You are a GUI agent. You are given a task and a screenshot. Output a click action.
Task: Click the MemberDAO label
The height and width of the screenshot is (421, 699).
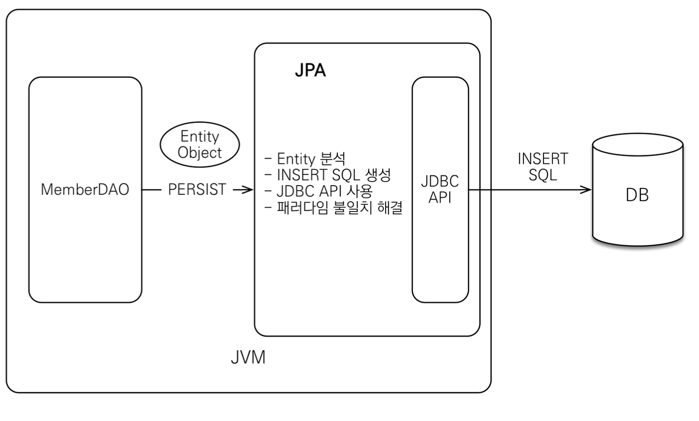(x=85, y=189)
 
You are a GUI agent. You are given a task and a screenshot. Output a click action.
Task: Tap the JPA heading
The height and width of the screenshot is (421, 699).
(x=310, y=70)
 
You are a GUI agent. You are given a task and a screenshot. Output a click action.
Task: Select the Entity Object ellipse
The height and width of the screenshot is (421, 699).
(x=199, y=145)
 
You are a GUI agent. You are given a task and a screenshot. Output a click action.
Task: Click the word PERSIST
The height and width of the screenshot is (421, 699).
(x=197, y=189)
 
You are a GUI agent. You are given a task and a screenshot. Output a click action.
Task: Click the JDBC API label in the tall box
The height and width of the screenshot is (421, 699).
(x=440, y=189)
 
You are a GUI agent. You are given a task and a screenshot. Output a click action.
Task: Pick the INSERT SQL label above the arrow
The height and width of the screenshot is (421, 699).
(x=543, y=167)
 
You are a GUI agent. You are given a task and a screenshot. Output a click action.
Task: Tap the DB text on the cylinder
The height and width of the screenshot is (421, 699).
(x=637, y=195)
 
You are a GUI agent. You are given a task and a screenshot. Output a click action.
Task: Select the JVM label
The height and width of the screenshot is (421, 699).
(x=248, y=358)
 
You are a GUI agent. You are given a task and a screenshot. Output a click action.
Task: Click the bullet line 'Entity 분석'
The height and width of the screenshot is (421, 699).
(x=306, y=159)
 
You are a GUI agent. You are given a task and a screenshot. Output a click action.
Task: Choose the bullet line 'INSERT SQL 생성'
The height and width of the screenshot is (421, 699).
(x=328, y=175)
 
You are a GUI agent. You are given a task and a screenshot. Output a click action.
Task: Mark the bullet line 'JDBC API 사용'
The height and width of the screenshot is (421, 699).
(x=319, y=191)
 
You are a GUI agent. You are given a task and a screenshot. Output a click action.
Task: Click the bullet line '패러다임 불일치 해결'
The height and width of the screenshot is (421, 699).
(x=334, y=208)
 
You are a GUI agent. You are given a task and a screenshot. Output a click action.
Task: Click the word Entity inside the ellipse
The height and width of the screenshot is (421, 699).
(x=199, y=136)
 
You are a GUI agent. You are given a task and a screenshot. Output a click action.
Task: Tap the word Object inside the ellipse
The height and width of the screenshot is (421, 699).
(x=199, y=153)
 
